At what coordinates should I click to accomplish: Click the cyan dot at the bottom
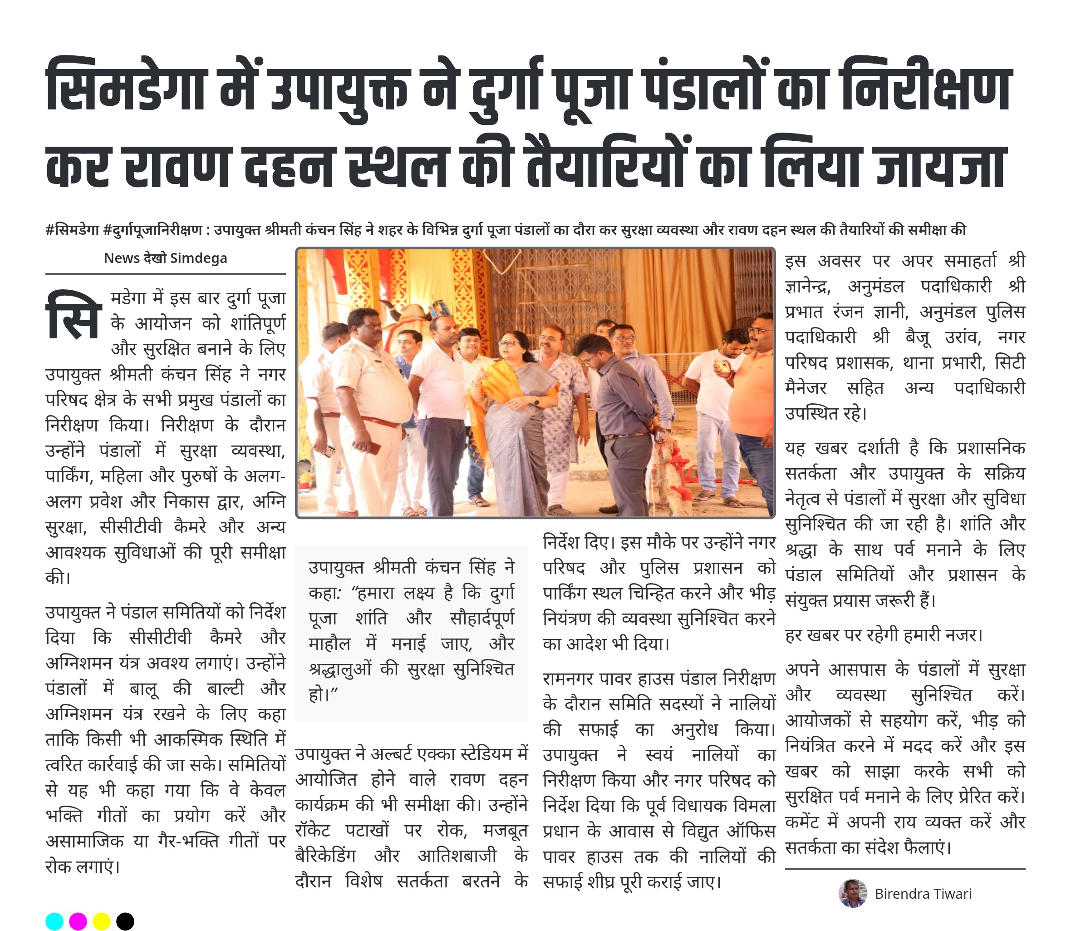coord(54,921)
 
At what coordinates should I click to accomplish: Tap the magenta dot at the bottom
coord(78,921)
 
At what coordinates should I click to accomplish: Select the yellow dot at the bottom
coord(101,921)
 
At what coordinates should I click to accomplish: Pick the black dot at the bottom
coord(125,921)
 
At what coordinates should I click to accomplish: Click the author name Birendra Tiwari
coord(923,894)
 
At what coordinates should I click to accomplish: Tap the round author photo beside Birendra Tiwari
coord(852,893)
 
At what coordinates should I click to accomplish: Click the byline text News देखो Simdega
coord(165,258)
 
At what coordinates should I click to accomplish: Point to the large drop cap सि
coord(73,315)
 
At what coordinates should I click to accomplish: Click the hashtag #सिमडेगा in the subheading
coord(72,230)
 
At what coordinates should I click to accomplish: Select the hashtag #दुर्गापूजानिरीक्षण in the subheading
coord(153,230)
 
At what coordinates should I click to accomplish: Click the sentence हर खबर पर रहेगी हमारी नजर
coord(884,635)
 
